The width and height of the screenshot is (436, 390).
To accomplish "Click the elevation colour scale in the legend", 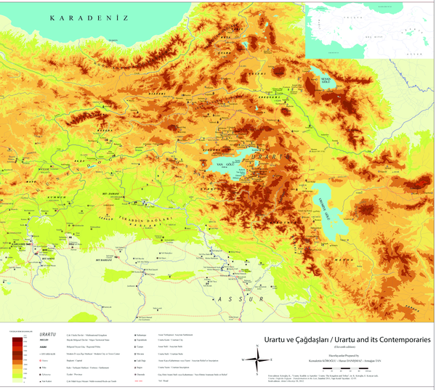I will point(17,356).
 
